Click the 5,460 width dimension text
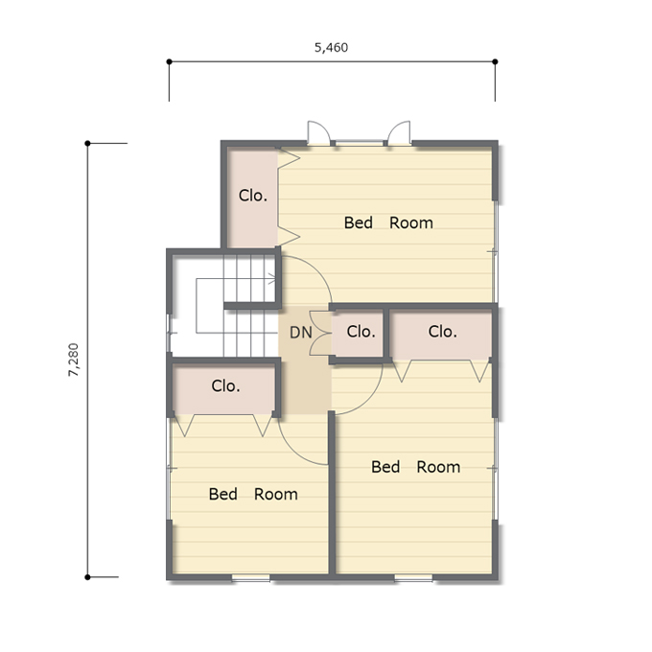click(331, 48)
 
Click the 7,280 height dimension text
click(73, 360)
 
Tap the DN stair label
click(301, 333)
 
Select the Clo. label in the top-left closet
click(253, 196)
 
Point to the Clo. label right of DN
click(361, 332)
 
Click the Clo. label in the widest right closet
click(442, 332)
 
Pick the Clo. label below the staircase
click(225, 385)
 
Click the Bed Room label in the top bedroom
click(388, 222)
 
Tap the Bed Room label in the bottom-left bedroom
click(253, 494)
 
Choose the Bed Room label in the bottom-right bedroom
click(416, 467)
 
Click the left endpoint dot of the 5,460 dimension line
click(170, 62)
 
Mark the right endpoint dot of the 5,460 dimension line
click(495, 62)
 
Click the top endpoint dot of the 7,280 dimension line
click(87, 144)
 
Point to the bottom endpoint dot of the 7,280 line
click(87, 577)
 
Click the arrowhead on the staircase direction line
click(272, 279)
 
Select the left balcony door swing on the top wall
click(319, 132)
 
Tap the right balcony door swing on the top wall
click(399, 132)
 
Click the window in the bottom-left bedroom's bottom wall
click(251, 577)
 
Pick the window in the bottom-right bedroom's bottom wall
click(413, 577)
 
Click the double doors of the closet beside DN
click(320, 333)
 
